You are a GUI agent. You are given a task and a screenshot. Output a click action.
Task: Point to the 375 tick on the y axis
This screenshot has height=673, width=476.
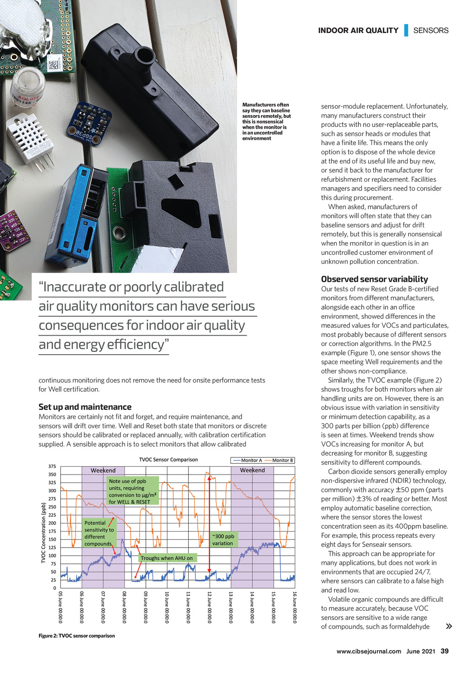tap(52, 466)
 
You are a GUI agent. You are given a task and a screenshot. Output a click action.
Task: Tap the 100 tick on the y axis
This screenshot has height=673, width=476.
tap(52, 556)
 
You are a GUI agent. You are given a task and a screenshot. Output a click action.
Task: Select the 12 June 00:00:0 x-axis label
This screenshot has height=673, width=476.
tap(210, 607)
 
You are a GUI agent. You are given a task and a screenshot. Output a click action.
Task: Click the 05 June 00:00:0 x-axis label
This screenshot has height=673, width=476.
tap(60, 607)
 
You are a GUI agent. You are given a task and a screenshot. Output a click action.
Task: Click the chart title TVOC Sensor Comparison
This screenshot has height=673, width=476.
tap(168, 460)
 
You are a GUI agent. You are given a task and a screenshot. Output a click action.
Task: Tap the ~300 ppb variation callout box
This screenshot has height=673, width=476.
tap(224, 540)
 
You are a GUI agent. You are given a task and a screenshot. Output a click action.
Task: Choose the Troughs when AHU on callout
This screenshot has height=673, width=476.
tap(166, 558)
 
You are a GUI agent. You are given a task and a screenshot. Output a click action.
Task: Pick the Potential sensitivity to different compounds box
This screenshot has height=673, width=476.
tap(99, 533)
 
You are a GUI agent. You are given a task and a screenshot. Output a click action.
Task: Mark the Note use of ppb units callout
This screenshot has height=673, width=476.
tap(132, 491)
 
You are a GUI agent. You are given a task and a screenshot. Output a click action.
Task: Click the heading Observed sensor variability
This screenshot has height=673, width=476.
tap(374, 279)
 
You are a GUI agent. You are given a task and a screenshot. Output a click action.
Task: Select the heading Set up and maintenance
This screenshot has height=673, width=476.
tap(85, 407)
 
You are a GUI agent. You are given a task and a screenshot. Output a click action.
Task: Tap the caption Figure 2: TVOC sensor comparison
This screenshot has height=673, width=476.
tap(77, 636)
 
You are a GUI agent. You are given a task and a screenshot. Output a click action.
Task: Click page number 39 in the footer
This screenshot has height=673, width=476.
tap(444, 651)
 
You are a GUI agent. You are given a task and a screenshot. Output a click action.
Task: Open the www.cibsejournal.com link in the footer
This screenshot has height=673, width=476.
tap(369, 651)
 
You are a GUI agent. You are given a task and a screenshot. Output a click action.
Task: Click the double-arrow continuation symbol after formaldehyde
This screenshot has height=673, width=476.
tap(449, 627)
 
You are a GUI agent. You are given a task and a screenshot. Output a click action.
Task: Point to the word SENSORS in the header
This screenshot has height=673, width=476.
tap(431, 31)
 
